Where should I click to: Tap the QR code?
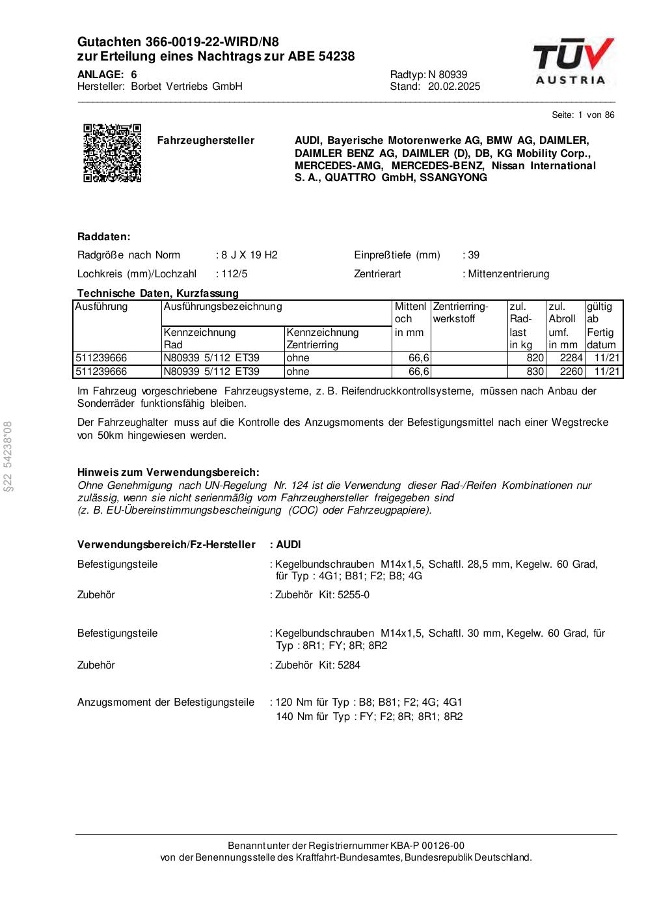(112, 152)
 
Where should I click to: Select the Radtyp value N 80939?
(448, 75)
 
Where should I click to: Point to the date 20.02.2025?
(454, 87)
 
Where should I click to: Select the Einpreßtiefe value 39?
(474, 255)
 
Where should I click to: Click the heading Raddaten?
(104, 237)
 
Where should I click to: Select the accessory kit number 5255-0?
(353, 595)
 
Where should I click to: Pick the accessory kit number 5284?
(349, 665)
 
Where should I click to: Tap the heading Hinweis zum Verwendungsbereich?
(168, 472)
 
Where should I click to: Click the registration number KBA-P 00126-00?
(427, 846)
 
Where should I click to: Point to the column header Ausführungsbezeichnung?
(222, 307)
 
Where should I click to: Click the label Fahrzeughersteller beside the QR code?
(206, 141)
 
